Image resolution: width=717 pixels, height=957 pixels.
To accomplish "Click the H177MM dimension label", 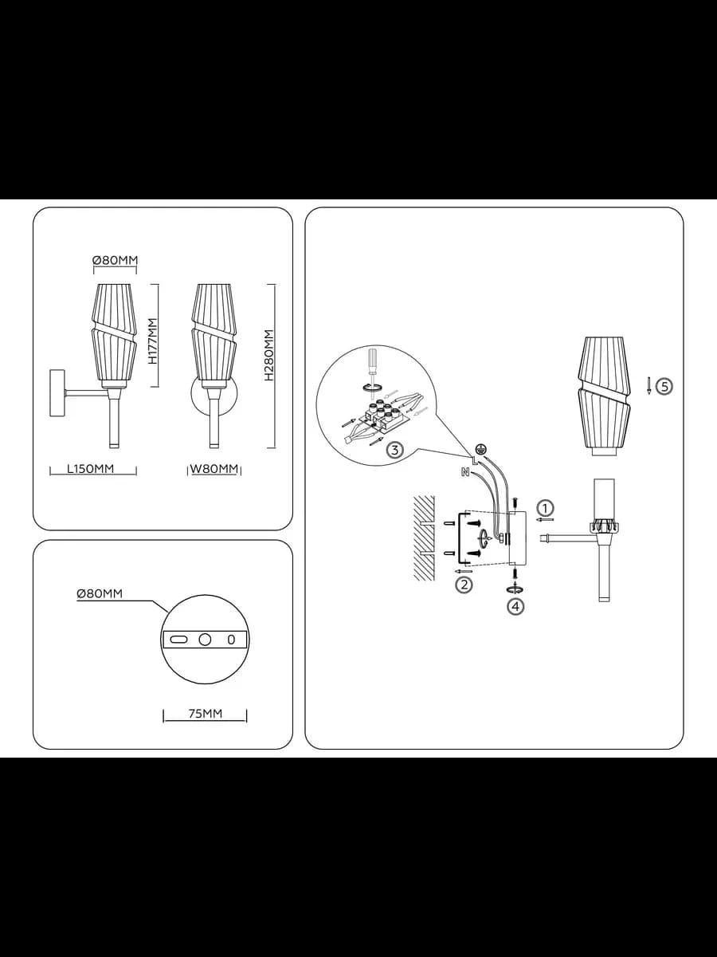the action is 152,341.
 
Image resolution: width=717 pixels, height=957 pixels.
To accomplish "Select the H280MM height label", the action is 269,355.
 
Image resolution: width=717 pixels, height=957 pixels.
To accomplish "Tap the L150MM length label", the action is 91,468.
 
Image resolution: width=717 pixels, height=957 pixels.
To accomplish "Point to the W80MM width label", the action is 214,469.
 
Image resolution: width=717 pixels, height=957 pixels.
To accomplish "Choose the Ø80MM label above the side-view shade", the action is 115,260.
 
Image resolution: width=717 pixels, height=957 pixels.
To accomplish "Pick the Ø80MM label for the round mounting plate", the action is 100,593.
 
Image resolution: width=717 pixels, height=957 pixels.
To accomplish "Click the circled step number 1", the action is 545,508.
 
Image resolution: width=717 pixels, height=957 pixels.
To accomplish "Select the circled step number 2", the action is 464,585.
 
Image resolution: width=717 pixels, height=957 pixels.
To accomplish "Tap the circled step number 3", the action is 394,450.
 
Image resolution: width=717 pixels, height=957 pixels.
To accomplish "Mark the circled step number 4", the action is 515,606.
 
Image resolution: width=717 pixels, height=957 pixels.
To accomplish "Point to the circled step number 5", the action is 664,386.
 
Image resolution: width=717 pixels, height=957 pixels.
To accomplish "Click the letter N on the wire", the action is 465,471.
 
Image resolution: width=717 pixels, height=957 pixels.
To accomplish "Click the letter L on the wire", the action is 474,459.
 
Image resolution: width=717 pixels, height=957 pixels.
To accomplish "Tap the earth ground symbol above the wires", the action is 480,447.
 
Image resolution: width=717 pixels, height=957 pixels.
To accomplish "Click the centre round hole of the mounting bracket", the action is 205,640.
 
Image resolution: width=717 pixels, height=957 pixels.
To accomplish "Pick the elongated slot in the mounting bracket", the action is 178,640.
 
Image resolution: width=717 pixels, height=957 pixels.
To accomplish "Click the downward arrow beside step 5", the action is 648,386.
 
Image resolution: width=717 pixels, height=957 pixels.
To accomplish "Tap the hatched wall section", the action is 424,538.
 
